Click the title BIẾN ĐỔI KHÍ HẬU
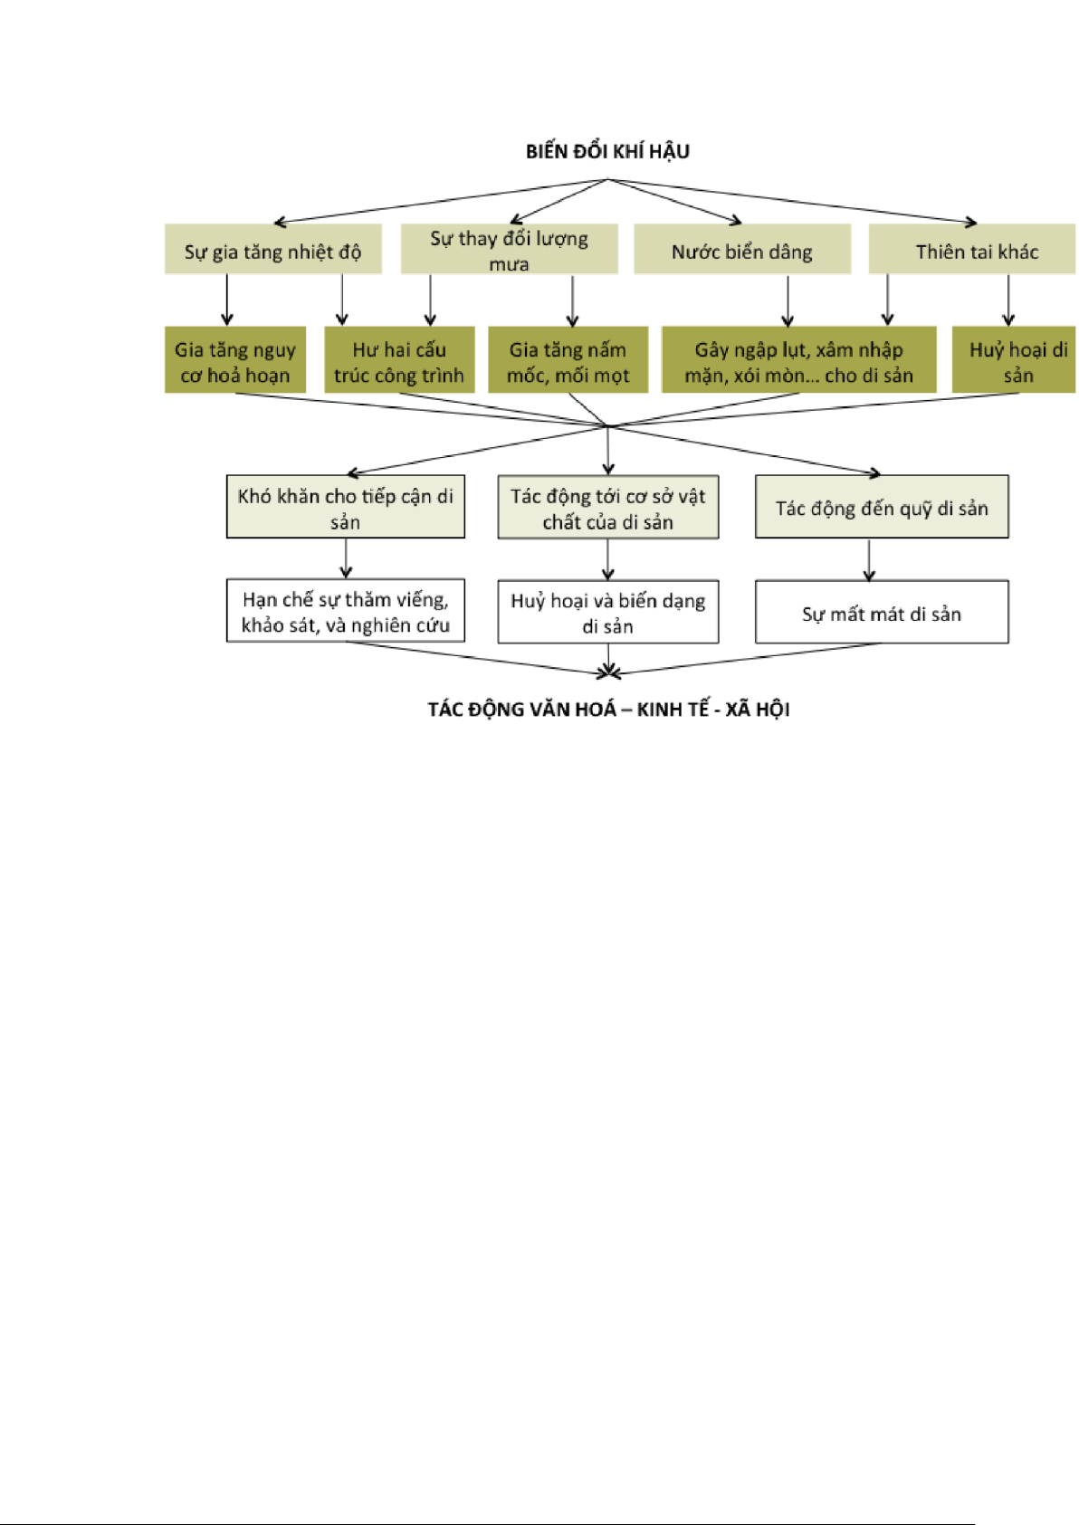[x=607, y=152]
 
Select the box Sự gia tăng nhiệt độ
[x=272, y=251]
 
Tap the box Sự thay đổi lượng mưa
[x=509, y=250]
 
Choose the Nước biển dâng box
[x=741, y=251]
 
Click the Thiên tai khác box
[x=976, y=251]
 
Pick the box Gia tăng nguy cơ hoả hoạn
[x=235, y=361]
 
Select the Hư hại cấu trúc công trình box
[x=399, y=361]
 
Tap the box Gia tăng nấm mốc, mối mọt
[x=568, y=361]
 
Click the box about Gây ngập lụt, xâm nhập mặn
[x=798, y=361]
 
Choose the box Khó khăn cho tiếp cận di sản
[x=345, y=508]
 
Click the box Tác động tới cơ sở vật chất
[x=607, y=508]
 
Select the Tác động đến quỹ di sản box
[x=881, y=508]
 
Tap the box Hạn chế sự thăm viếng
[x=345, y=611]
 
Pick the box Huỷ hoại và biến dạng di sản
[x=607, y=613]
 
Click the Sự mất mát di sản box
[x=881, y=613]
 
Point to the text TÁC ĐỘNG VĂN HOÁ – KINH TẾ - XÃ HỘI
[x=608, y=710]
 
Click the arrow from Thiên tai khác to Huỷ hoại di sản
[x=1008, y=300]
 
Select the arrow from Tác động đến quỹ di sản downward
[x=869, y=560]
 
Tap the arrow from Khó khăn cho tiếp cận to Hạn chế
[x=346, y=558]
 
